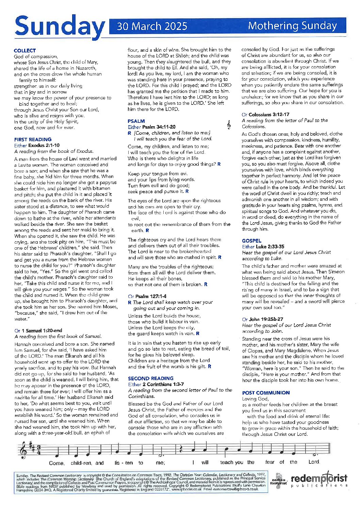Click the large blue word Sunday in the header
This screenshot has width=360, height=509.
tap(60, 26)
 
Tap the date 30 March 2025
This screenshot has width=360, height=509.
tap(152, 26)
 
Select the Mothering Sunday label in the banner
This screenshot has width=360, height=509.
tap(292, 26)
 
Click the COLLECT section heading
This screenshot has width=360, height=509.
tap(25, 50)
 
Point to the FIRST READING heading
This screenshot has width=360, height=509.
tap(33, 139)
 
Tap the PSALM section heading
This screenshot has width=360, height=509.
tap(136, 121)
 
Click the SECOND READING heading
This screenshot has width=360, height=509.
tap(150, 378)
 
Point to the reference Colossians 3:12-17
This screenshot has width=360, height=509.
tap(269, 114)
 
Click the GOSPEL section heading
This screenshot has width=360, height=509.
tap(251, 241)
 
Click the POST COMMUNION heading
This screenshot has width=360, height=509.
tap(266, 393)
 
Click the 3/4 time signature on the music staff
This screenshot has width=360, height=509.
tap(39, 449)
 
